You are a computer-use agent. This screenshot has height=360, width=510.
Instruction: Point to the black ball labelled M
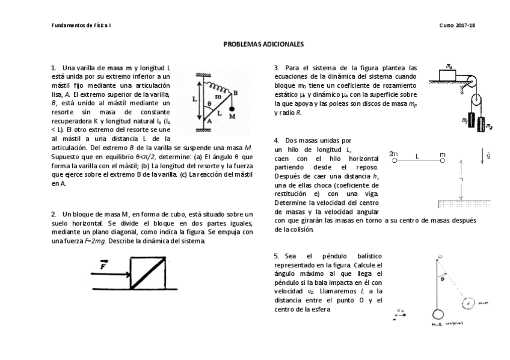pyautogui.click(x=232, y=109)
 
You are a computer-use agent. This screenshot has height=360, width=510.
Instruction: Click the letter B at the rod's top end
pyautogui.click(x=235, y=93)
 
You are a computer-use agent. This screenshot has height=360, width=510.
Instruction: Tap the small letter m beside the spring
pyautogui.click(x=217, y=96)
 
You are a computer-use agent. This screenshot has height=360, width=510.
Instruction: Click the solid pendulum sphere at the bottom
pyautogui.click(x=438, y=313)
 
